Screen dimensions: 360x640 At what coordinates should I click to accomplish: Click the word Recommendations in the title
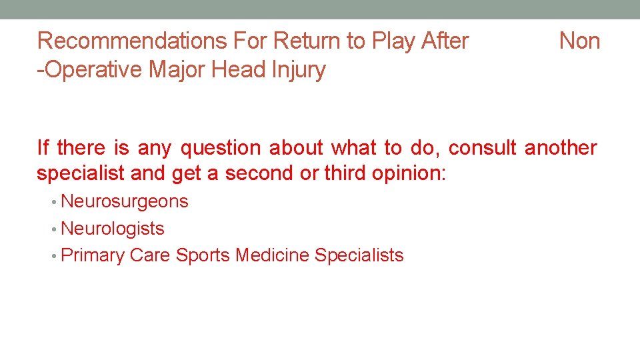click(132, 41)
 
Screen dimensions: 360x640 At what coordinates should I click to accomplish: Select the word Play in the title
click(393, 41)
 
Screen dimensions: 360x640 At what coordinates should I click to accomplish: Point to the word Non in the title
click(579, 41)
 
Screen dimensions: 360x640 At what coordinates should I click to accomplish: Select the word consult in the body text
click(483, 147)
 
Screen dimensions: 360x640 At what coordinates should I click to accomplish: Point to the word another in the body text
click(561, 147)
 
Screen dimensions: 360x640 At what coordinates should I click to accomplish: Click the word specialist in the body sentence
click(81, 173)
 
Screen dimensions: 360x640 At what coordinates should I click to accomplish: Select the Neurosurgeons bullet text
click(125, 201)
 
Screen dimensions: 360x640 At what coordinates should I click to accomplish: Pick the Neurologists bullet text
click(113, 229)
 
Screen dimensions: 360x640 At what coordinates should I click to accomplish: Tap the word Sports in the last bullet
click(203, 255)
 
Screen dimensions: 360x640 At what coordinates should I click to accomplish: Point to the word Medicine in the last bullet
click(273, 255)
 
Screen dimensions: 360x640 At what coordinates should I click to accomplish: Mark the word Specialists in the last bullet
click(359, 255)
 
